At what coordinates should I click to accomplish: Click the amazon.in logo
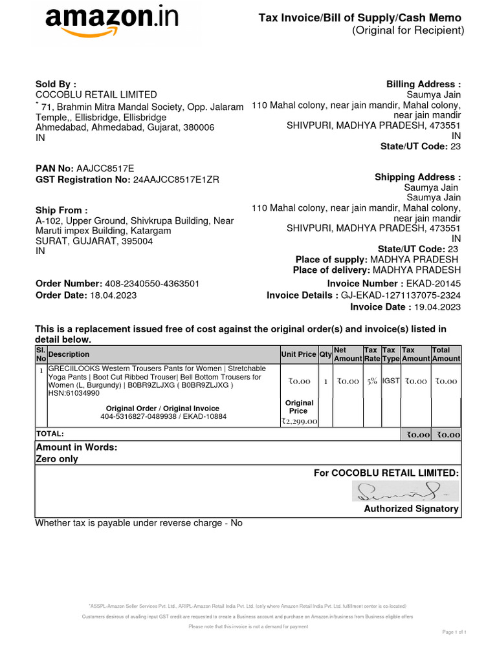(x=111, y=23)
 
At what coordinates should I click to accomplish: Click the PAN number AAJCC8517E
(x=105, y=168)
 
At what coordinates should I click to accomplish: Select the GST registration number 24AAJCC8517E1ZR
(x=176, y=180)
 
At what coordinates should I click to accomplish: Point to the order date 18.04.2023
(x=113, y=295)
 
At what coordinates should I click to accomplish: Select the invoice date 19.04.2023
(x=437, y=307)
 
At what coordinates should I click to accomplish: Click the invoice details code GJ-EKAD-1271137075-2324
(x=401, y=295)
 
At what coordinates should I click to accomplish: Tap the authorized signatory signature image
(x=404, y=493)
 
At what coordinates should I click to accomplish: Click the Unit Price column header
(x=298, y=354)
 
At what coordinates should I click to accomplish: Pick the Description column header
(x=69, y=354)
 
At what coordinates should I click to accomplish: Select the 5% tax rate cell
(x=372, y=381)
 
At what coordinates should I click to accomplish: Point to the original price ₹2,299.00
(x=298, y=422)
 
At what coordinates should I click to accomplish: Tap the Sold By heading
(x=56, y=84)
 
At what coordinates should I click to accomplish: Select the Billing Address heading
(x=423, y=84)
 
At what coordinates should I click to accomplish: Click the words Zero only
(x=56, y=459)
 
